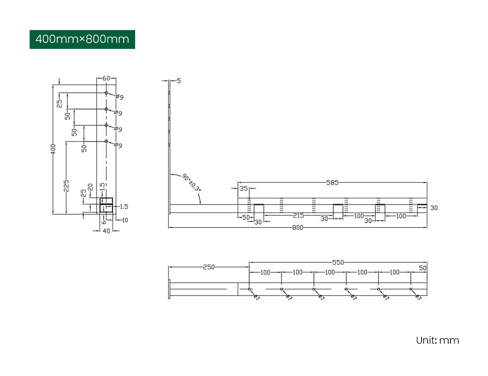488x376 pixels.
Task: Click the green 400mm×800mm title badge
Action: [x=82, y=39]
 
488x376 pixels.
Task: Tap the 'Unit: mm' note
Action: [x=437, y=340]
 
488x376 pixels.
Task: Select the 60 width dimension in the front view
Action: [x=106, y=78]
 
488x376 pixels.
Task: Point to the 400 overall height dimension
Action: [x=53, y=149]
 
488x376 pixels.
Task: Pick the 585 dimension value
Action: [x=332, y=183]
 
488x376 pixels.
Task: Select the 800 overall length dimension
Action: [x=297, y=228]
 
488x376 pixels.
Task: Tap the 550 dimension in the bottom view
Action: [x=338, y=262]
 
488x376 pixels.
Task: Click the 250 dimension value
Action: [x=208, y=267]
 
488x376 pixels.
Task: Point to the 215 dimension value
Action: [x=298, y=216]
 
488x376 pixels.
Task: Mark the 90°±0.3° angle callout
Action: [x=192, y=182]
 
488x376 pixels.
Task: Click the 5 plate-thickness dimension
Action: [x=179, y=81]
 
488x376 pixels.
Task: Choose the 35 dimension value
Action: [x=244, y=189]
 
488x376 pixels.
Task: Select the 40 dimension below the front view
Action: [x=106, y=231]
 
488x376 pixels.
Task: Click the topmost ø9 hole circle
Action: [x=106, y=93]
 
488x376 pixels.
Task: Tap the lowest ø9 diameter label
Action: [x=118, y=145]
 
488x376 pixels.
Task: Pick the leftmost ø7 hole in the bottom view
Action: [x=249, y=289]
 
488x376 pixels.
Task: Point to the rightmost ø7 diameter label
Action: [x=418, y=298]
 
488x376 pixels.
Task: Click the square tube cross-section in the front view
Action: [x=106, y=205]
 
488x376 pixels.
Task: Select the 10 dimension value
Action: [x=125, y=220]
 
